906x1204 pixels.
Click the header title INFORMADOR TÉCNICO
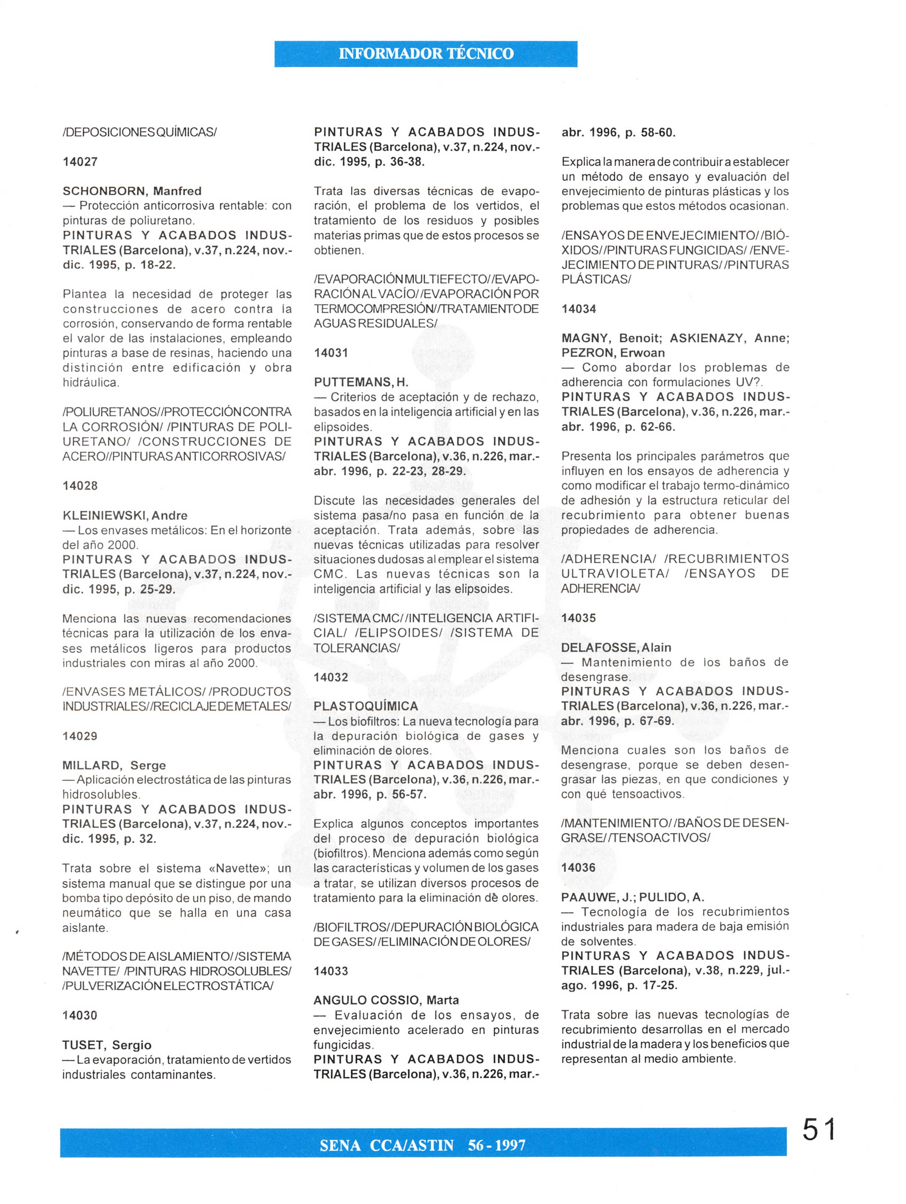point(426,54)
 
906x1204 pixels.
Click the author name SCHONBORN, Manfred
point(132,191)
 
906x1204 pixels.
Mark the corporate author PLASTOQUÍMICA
point(366,706)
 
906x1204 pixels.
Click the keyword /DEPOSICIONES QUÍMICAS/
point(140,132)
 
